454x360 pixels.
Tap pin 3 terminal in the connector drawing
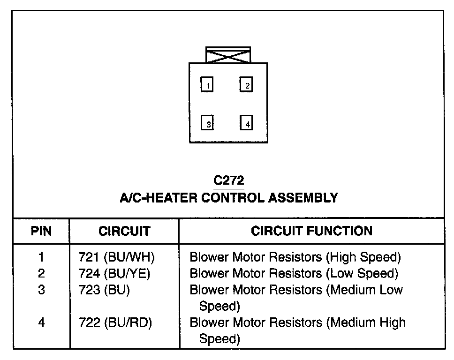click(207, 123)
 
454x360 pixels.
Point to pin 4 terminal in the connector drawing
click(246, 123)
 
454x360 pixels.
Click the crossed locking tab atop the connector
click(228, 55)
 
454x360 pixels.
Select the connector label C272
click(229, 180)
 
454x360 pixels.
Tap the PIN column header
click(41, 231)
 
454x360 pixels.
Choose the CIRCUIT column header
click(124, 231)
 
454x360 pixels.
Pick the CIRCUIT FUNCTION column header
click(312, 231)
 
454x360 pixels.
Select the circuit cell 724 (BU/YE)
click(115, 273)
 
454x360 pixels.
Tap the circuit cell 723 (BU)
click(105, 290)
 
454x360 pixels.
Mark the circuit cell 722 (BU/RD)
click(116, 322)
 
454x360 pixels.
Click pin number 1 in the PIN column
click(42, 257)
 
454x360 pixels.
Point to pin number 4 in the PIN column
click(42, 322)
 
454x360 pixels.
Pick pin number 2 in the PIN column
click(42, 273)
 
